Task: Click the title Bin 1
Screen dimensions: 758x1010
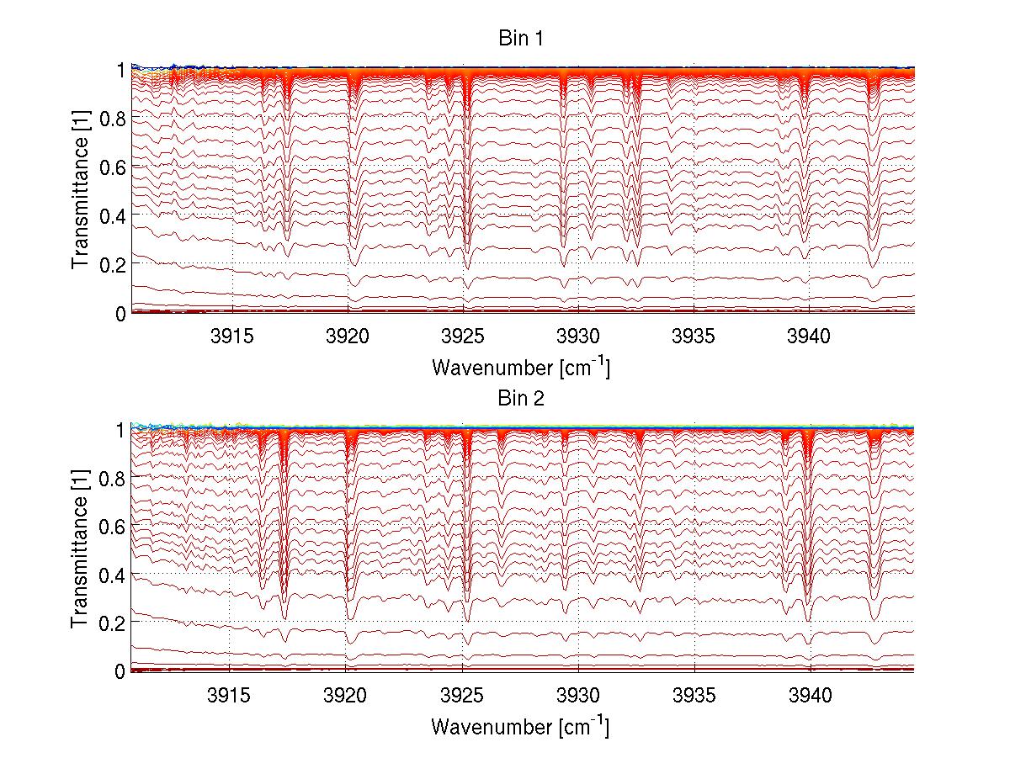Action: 522,39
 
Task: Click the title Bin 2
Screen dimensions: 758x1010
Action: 522,398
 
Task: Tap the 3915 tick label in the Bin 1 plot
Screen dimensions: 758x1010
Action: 232,337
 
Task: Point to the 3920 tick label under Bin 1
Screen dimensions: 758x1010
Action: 348,337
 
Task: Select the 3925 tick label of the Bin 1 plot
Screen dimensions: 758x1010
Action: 465,337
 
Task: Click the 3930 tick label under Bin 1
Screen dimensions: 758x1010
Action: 579,337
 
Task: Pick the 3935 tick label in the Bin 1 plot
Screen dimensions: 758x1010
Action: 694,337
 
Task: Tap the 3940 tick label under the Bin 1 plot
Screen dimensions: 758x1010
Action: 809,337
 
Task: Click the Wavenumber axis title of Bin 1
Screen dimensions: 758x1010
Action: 520,368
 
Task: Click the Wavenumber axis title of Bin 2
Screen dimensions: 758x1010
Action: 520,726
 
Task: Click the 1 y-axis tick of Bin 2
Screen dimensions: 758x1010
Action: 120,430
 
